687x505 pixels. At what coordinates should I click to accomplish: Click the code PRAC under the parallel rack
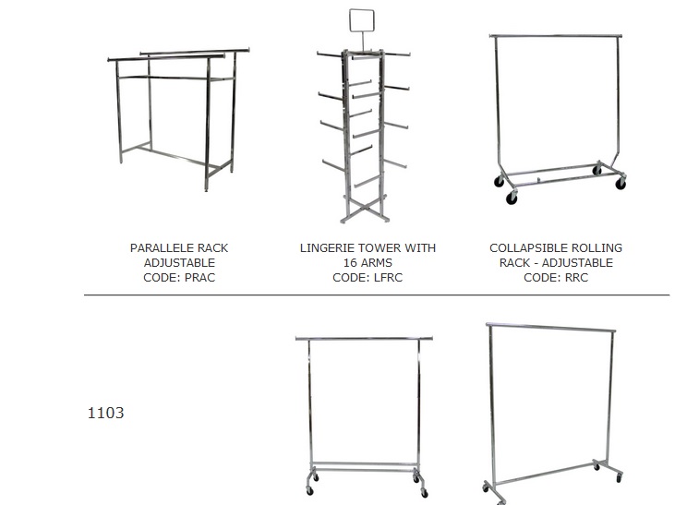[199, 278]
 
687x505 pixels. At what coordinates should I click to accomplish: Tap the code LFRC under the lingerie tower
[386, 278]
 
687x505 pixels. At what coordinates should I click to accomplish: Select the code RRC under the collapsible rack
[575, 278]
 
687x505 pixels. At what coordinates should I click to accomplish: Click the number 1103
[106, 413]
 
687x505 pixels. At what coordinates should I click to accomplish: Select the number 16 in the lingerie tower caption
[351, 263]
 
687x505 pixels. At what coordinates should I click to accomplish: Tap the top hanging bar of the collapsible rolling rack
[556, 35]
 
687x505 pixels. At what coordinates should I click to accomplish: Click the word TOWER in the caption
[384, 248]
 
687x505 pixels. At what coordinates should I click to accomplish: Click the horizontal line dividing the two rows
[377, 295]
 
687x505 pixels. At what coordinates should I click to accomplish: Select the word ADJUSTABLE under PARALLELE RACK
[179, 263]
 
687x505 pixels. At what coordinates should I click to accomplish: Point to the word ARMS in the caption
[377, 263]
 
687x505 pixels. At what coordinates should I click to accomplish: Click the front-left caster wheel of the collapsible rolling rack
[512, 198]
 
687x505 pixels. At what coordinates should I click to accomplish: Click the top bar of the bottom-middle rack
[364, 339]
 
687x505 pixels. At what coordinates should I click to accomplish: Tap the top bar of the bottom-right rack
[550, 327]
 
